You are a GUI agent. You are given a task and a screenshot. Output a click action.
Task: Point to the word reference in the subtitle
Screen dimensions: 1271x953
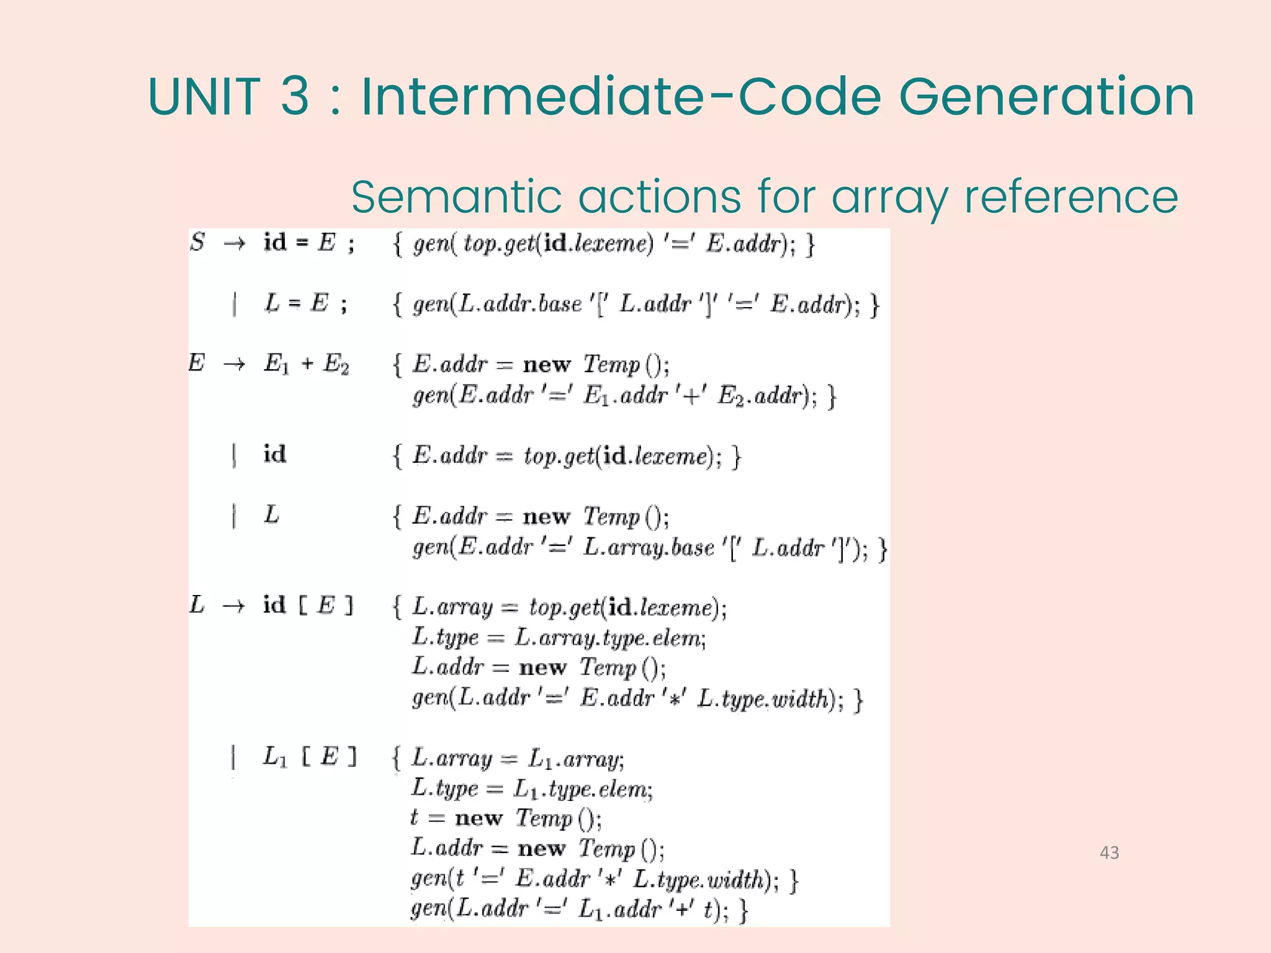point(1071,197)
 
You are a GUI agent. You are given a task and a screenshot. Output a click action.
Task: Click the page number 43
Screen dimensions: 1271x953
point(1109,852)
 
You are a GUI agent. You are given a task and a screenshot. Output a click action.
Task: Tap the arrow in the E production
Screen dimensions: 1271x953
point(235,364)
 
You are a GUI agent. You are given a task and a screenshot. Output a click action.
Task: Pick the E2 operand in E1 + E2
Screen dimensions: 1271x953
point(336,364)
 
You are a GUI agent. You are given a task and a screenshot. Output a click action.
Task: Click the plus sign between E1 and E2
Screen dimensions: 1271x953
point(307,364)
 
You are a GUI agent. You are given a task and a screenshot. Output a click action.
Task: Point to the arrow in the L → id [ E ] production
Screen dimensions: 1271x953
point(233,606)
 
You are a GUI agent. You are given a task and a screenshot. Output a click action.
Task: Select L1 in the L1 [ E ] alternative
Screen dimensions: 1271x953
point(275,757)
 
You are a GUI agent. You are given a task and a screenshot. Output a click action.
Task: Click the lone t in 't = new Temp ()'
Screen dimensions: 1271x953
point(414,818)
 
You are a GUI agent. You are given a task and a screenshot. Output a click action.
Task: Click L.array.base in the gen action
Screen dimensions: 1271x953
point(649,548)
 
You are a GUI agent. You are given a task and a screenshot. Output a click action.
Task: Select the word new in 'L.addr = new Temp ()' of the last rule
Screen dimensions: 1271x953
point(541,848)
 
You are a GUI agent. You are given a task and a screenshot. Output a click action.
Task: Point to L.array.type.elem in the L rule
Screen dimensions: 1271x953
point(610,637)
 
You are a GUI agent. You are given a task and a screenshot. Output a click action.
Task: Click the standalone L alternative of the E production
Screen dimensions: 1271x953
point(272,515)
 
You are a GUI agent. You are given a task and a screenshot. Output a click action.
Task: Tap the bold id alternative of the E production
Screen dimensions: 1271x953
point(274,454)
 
